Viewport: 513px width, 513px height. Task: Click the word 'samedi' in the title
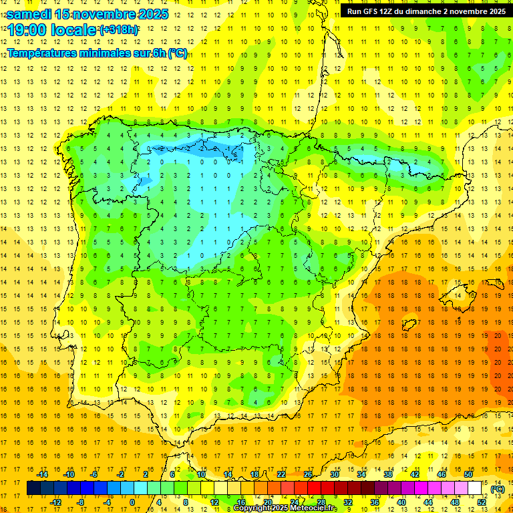pos(29,13)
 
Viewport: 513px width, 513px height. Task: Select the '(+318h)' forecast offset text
pos(119,29)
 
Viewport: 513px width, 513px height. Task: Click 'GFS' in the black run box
pos(372,11)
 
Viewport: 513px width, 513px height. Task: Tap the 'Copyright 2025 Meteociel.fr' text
pos(285,508)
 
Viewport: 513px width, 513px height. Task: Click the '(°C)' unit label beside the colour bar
pos(497,489)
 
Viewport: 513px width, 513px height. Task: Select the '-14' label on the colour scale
pos(42,474)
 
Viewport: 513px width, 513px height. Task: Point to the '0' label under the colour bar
pos(132,502)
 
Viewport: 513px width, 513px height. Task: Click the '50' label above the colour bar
pos(468,474)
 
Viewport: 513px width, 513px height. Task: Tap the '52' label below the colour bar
pos(482,502)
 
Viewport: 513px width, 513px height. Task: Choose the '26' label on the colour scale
pos(308,474)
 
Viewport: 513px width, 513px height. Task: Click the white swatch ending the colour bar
pos(475,488)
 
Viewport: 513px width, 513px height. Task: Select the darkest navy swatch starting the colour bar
pos(33,488)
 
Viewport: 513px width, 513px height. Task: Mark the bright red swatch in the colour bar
pos(315,488)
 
